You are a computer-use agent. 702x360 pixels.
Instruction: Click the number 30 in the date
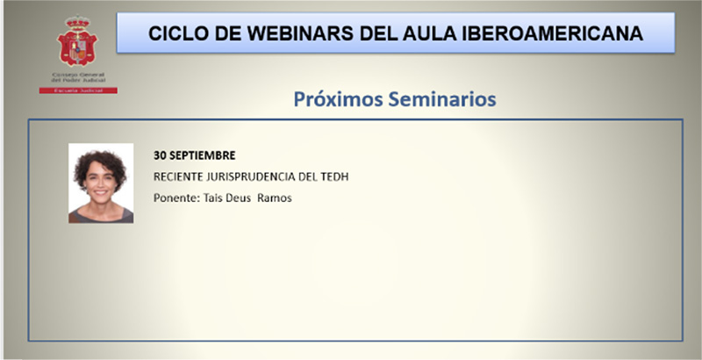click(x=160, y=155)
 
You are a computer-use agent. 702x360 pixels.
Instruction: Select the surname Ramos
click(x=274, y=198)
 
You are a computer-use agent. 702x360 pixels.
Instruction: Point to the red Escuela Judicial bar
click(x=78, y=90)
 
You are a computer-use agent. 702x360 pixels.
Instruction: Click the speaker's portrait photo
click(x=101, y=183)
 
